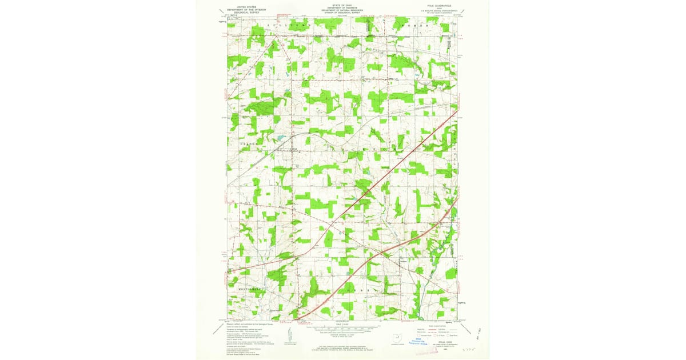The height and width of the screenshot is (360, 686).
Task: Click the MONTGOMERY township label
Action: click(250, 290)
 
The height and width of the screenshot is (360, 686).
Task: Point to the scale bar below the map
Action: click(343, 329)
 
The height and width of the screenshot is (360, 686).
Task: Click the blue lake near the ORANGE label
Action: click(281, 137)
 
